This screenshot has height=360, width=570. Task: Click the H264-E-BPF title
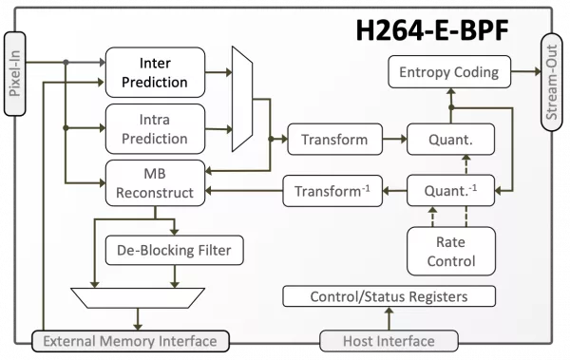pos(432,30)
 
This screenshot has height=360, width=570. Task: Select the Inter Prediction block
pos(155,72)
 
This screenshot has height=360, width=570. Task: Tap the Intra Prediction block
pos(155,129)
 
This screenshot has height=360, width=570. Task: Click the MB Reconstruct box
pos(155,183)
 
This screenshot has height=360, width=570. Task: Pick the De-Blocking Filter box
pos(174,250)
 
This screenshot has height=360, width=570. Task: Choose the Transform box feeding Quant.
pos(334,140)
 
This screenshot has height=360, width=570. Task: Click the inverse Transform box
pos(332,191)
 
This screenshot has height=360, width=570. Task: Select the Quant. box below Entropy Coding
pos(450,140)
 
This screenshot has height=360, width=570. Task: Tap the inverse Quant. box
pos(450,191)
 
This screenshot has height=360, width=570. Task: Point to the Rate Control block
pos(450,252)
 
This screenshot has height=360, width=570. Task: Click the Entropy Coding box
pos(449,71)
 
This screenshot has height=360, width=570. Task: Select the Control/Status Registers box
pos(389,296)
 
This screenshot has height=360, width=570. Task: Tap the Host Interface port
pos(389,341)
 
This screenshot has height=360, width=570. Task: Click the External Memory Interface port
pos(130,341)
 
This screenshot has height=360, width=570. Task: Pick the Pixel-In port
pos(15,74)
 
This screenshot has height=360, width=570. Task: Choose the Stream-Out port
pos(551,83)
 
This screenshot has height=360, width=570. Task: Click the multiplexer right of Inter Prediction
pos(242,99)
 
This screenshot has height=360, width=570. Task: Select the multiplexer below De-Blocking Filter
pos(138,298)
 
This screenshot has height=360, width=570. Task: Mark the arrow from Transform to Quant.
pos(394,139)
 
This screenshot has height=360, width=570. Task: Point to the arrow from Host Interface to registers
pos(389,318)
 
